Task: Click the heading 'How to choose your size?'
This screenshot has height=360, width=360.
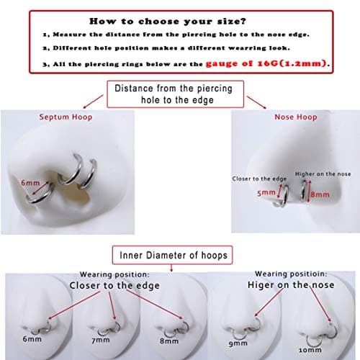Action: tap(168, 21)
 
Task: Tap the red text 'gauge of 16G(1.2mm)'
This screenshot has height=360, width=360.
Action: tap(266, 63)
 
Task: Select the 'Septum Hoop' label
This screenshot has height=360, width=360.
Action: tap(66, 117)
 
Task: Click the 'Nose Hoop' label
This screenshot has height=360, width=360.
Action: tap(296, 117)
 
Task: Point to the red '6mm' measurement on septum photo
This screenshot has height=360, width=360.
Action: tap(30, 183)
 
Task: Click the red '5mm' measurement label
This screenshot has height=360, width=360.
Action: tap(266, 192)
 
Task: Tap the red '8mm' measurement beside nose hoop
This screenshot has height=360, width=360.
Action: tap(320, 194)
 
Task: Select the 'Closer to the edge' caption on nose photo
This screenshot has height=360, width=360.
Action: tap(259, 179)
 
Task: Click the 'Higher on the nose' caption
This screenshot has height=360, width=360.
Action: tap(323, 174)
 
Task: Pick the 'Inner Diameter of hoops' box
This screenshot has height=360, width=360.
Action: tap(172, 255)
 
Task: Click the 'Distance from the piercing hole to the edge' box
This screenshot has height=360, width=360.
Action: tap(175, 94)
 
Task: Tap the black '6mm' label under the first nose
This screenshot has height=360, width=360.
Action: tap(32, 339)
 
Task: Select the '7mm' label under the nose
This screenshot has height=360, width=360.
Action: tap(101, 340)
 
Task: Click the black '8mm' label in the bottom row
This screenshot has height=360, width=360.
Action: tap(169, 341)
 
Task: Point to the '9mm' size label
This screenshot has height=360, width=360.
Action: tap(238, 343)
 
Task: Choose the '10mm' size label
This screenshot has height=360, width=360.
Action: tap(310, 350)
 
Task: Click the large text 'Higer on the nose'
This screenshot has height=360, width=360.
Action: tap(291, 285)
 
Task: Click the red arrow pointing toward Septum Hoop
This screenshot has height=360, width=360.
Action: tap(93, 102)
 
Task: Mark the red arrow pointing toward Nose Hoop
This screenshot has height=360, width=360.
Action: tap(256, 102)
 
